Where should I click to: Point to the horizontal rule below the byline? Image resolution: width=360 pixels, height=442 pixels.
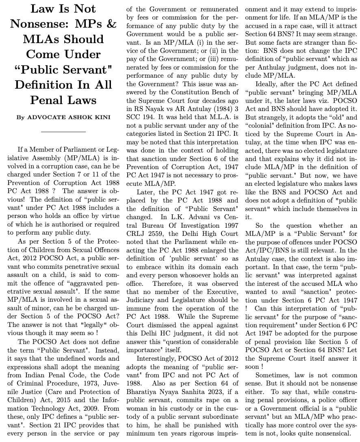pos(63,132)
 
